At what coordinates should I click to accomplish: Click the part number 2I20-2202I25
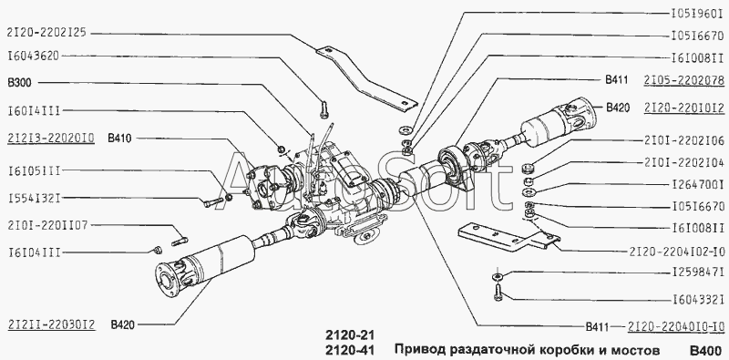click(46, 34)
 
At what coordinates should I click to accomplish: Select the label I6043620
click(34, 57)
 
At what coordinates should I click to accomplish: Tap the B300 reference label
click(19, 83)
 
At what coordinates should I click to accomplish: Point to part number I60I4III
click(34, 111)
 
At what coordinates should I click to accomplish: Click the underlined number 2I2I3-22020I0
click(51, 139)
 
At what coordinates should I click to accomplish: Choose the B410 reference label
click(119, 139)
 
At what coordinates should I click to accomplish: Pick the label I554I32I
click(34, 199)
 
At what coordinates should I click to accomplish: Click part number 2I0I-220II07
click(47, 226)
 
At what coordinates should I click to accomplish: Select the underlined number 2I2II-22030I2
click(51, 324)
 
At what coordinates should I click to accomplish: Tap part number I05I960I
click(697, 14)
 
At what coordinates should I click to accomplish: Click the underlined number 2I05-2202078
click(684, 80)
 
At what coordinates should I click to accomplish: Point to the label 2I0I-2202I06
click(684, 140)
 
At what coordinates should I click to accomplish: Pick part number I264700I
click(697, 184)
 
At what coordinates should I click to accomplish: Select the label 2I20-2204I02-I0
click(677, 252)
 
